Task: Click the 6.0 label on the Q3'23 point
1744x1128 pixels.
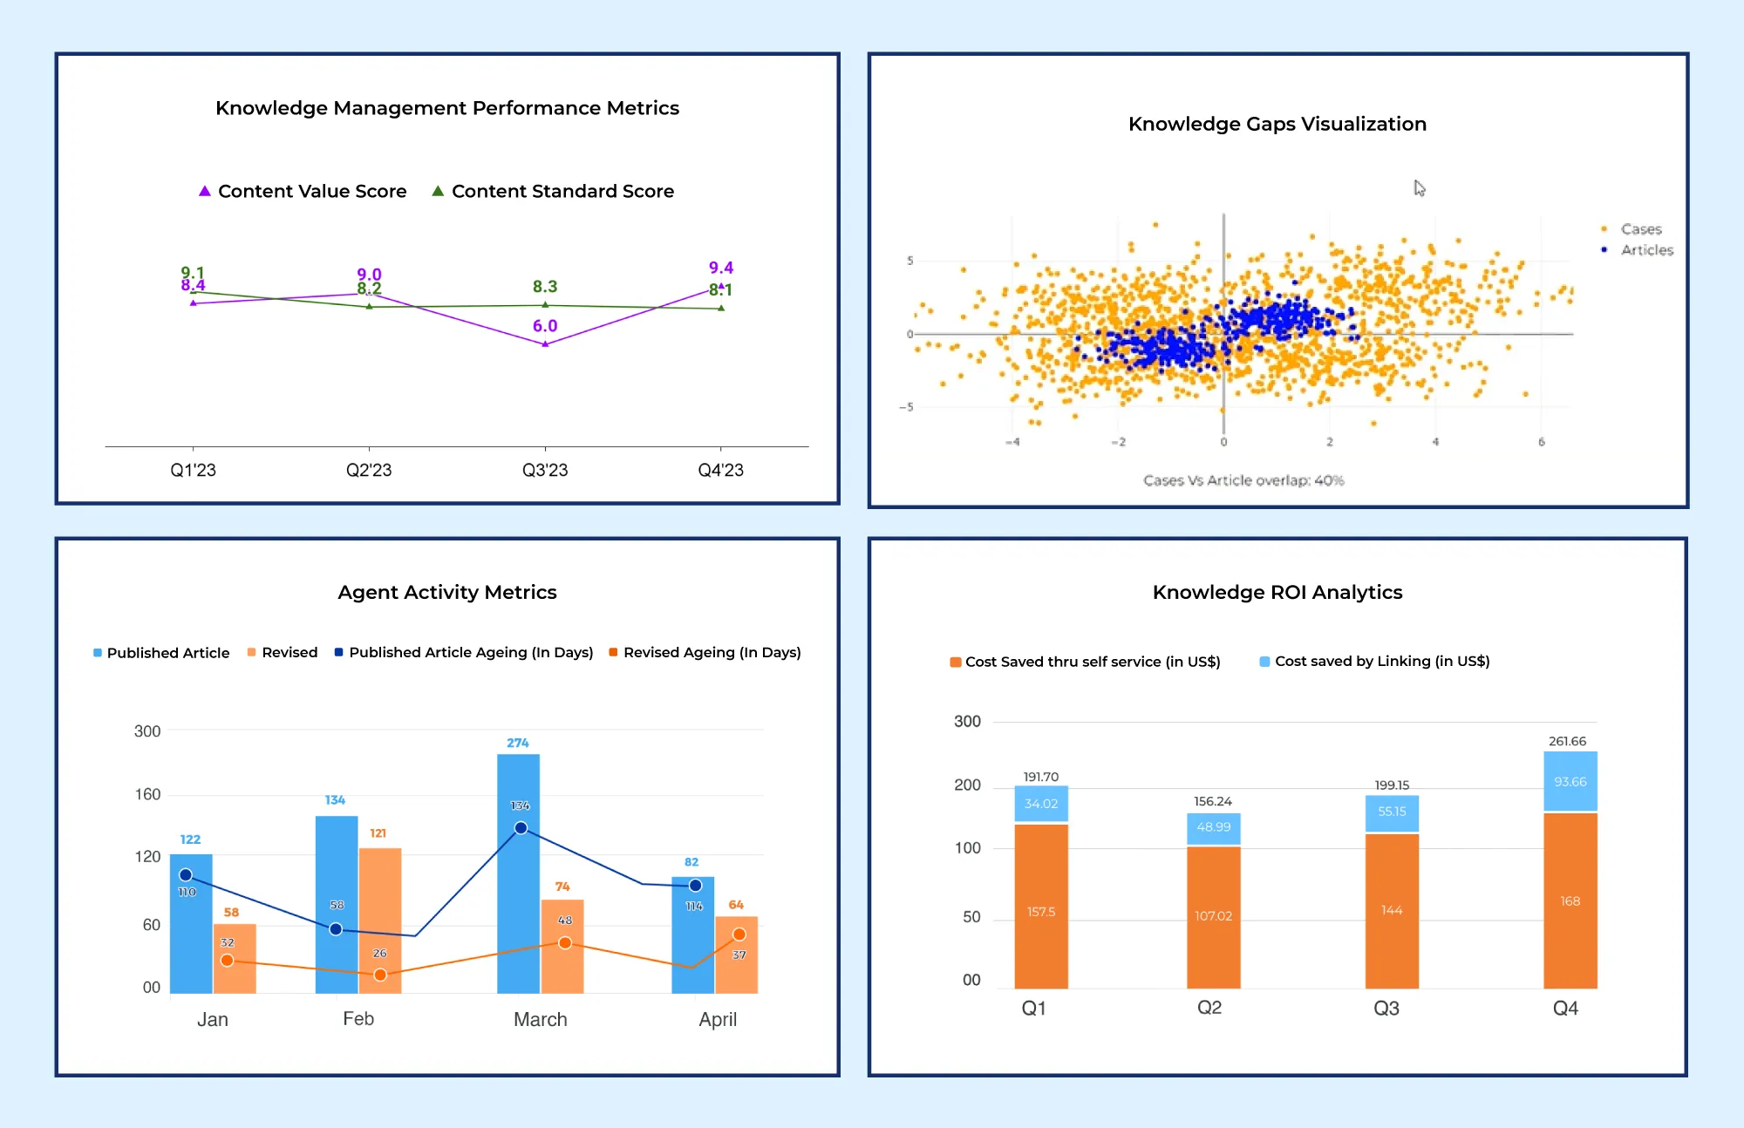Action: click(x=545, y=326)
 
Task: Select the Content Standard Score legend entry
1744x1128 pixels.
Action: click(x=553, y=191)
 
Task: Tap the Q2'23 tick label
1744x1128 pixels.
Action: click(x=369, y=471)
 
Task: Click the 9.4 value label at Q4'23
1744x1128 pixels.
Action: click(x=721, y=268)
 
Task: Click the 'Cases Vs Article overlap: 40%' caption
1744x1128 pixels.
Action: click(x=1243, y=480)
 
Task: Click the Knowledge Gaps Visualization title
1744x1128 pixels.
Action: click(x=1277, y=124)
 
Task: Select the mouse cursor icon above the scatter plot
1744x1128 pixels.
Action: click(x=1420, y=188)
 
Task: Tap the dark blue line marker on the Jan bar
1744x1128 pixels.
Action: click(x=186, y=874)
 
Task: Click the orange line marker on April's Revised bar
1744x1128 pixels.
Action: click(x=739, y=934)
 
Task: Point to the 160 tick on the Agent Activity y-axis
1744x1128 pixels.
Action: click(x=147, y=794)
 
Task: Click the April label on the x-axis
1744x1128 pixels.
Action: click(x=718, y=1019)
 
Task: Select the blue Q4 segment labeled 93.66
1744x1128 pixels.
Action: click(x=1570, y=782)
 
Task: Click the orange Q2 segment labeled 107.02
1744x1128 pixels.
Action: click(x=1213, y=915)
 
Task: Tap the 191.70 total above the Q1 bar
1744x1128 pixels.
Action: click(x=1040, y=777)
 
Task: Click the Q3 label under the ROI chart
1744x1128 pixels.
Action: click(x=1386, y=1009)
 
